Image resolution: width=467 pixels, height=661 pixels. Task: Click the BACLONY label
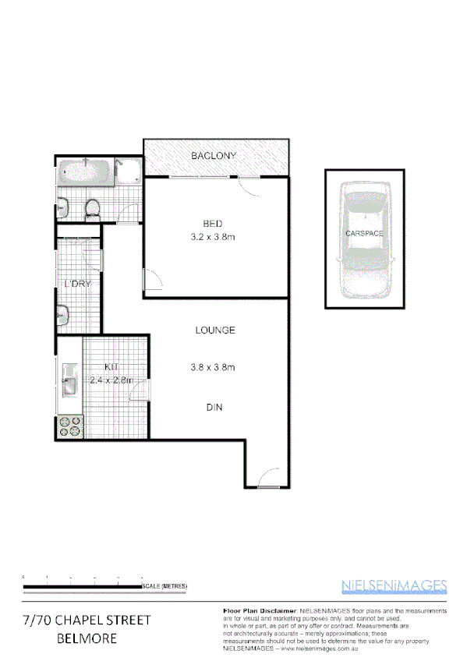pyautogui.click(x=214, y=157)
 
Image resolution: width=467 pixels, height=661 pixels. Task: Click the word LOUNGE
pyautogui.click(x=215, y=330)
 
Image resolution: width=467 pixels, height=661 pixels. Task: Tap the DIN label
pyautogui.click(x=215, y=406)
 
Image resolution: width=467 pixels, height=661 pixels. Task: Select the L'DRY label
pyautogui.click(x=77, y=284)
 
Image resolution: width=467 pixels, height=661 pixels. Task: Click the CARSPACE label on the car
pyautogui.click(x=364, y=233)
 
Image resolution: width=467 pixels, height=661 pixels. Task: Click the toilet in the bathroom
pyautogui.click(x=92, y=208)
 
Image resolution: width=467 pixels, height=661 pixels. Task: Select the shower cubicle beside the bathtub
pyautogui.click(x=128, y=171)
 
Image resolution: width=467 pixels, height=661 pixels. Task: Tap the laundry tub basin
pyautogui.click(x=64, y=315)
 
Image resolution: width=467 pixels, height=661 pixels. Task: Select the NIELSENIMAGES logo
pyautogui.click(x=394, y=586)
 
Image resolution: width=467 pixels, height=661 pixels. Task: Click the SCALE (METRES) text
pyautogui.click(x=165, y=586)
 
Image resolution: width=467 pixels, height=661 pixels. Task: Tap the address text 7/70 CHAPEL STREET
pyautogui.click(x=87, y=620)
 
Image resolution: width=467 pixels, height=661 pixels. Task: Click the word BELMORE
pyautogui.click(x=87, y=638)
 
